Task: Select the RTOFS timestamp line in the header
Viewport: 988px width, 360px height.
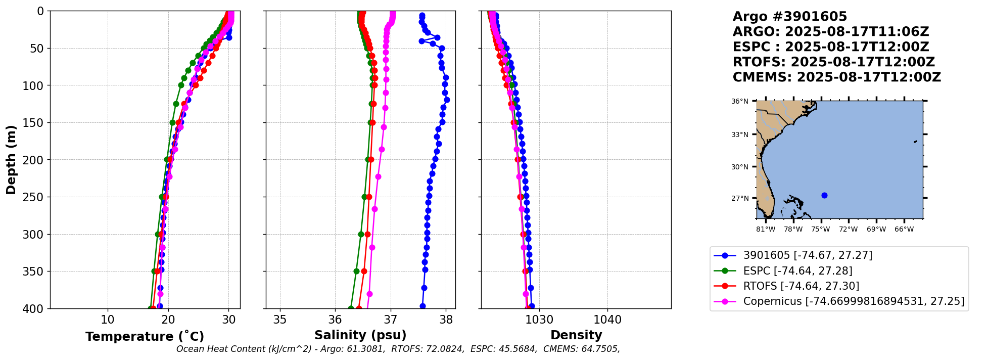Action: [833, 62]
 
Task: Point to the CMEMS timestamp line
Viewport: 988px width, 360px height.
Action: [836, 77]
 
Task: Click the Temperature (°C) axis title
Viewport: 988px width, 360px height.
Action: [145, 336]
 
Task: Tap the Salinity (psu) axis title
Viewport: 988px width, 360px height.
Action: [360, 335]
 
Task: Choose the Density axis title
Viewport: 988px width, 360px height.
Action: [576, 335]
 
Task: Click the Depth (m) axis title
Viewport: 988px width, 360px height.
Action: [11, 159]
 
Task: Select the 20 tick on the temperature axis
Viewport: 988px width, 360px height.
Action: [168, 320]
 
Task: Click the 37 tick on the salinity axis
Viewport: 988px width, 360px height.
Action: [390, 320]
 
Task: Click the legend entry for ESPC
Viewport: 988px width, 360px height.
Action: [797, 271]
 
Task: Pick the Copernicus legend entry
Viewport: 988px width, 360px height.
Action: [853, 301]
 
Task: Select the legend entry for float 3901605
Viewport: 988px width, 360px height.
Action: [807, 255]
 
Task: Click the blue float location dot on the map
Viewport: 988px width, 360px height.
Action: [824, 195]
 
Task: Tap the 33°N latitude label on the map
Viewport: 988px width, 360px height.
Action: [740, 134]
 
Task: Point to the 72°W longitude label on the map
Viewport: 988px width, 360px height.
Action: [848, 229]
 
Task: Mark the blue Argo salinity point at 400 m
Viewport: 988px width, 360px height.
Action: [422, 306]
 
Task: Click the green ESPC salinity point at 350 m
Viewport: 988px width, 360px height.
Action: [356, 271]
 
